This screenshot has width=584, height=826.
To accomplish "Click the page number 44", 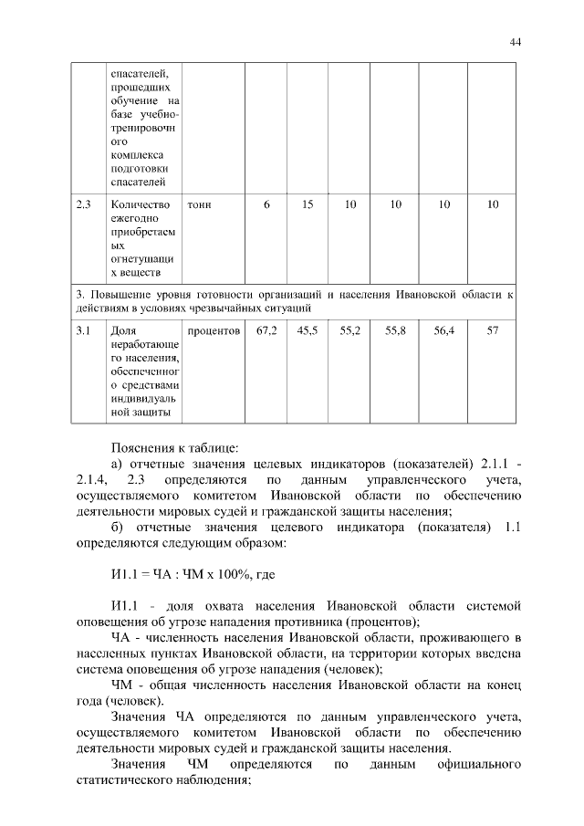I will tap(515, 41).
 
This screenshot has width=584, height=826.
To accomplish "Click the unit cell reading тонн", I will tap(199, 204).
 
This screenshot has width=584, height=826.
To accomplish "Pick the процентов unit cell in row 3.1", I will tap(214, 330).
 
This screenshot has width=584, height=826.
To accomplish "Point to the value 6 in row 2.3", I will tap(266, 204).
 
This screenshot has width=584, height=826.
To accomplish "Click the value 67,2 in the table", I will tap(266, 330).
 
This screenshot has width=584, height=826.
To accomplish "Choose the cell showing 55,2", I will tap(350, 330).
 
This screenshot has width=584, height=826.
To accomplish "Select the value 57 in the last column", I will tap(493, 330).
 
